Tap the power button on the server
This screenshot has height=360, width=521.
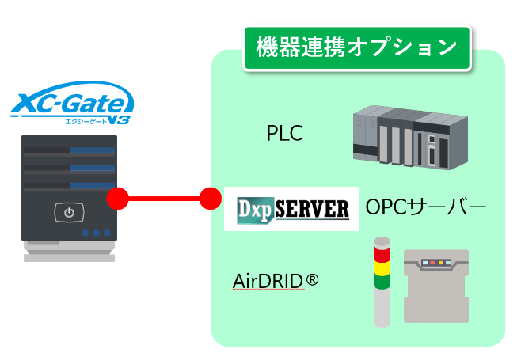point(69,212)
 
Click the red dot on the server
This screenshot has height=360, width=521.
point(117,198)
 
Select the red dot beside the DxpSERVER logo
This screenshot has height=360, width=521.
point(211,198)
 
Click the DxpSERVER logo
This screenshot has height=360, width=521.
point(292,209)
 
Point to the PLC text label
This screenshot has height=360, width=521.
point(284,134)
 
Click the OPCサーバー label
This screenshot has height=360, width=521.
point(425,208)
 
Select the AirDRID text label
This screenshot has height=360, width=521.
point(268,281)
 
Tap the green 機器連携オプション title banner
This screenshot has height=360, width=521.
point(358,47)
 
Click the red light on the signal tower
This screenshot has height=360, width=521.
point(382,254)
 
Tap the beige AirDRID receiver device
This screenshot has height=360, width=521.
point(436,284)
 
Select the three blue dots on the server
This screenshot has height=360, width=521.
point(96,233)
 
